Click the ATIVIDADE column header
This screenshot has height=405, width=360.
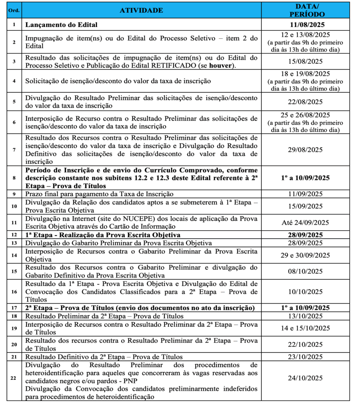(141, 11)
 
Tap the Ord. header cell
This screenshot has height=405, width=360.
(13, 11)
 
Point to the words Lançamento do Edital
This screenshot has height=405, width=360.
(61, 25)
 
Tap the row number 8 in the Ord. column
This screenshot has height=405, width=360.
(13, 178)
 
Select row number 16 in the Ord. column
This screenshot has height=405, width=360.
(13, 292)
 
